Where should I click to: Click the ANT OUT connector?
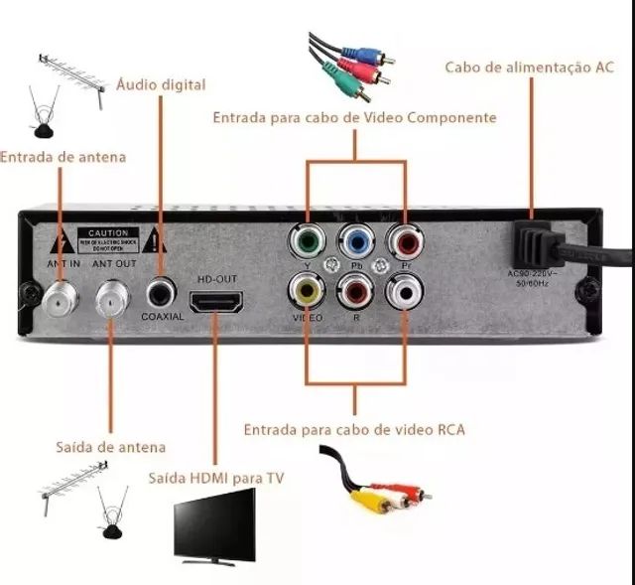click(113, 295)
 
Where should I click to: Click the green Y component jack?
click(307, 241)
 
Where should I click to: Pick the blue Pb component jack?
click(354, 241)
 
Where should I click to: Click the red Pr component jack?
click(404, 241)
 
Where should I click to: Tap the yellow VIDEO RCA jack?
click(307, 291)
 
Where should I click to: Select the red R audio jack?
click(354, 291)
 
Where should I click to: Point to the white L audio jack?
click(404, 291)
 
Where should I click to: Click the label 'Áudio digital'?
click(161, 84)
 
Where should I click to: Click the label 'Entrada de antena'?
click(63, 157)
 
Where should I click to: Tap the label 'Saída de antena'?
click(109, 447)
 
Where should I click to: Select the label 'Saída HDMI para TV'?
click(216, 478)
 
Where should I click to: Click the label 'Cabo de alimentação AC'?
click(529, 67)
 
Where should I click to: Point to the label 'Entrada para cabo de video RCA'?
click(354, 430)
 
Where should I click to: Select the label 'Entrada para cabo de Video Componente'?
click(354, 117)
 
